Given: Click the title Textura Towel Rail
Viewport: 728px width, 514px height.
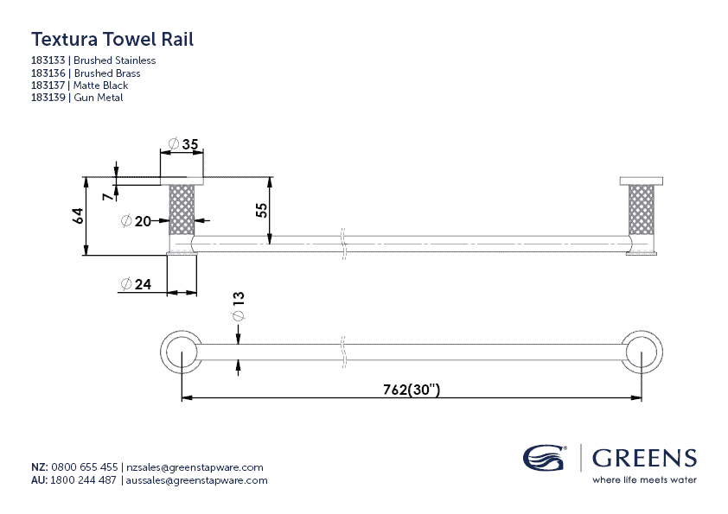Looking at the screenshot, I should pos(112,39).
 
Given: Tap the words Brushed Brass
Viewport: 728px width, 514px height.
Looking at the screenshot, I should pos(107,73).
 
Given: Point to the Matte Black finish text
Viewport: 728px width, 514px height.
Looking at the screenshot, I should pos(101,86).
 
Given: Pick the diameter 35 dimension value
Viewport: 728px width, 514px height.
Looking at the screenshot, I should pos(184,143).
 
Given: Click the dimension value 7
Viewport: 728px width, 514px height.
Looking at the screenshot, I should pos(107,197).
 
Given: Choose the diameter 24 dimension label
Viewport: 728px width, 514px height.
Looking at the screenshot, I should pos(136,284).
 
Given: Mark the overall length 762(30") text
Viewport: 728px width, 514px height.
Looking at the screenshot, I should pos(412,390).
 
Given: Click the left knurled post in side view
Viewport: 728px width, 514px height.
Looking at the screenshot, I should pos(182,209).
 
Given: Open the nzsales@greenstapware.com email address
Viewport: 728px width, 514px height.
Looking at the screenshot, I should pos(195,467).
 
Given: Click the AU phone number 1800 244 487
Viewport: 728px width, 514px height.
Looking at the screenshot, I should pos(84,480).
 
